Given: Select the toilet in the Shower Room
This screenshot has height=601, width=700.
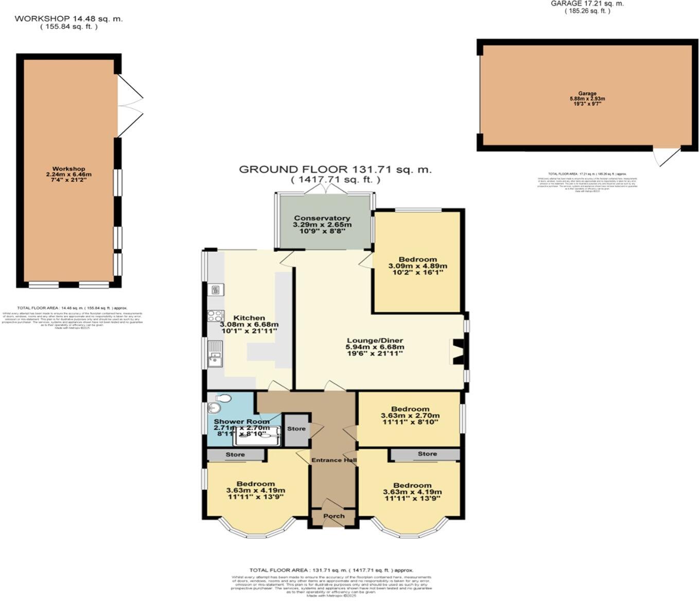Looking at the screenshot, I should (x=222, y=398).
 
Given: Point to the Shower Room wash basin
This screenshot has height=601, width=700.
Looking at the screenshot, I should (x=214, y=409).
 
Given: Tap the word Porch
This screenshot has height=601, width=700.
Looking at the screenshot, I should (x=334, y=516).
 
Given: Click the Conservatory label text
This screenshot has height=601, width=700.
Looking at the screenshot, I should (x=322, y=218).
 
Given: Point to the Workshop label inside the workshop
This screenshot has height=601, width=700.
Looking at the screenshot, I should (x=68, y=169).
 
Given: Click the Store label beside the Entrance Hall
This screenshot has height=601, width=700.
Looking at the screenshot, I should (x=296, y=429).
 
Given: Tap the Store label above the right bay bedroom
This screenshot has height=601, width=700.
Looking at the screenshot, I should (x=427, y=454).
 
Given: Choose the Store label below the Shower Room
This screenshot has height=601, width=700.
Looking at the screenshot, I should (x=235, y=455).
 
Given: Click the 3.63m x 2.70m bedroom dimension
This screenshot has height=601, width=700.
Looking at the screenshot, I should (x=410, y=416).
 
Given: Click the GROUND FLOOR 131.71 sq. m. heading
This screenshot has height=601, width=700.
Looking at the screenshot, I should (x=335, y=169).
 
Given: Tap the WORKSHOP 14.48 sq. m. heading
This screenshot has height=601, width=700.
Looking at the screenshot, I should (x=68, y=19).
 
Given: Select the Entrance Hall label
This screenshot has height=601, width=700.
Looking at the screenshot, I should (x=334, y=460).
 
